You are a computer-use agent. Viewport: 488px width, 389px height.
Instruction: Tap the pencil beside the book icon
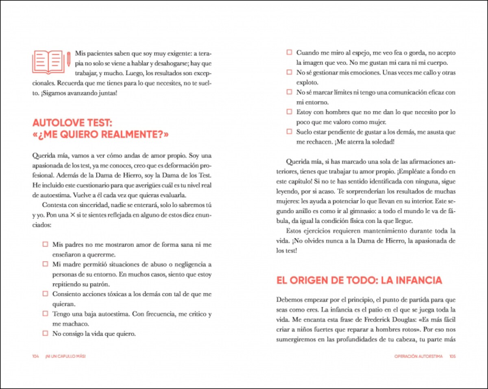click(x=68, y=59)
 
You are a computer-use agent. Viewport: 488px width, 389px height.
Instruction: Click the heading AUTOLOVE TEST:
click(x=72, y=123)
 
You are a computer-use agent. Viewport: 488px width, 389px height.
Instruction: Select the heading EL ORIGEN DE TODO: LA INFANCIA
click(x=359, y=280)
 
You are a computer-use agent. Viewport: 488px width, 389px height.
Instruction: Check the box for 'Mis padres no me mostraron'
click(x=45, y=245)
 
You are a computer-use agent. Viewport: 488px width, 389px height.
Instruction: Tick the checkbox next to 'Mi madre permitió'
click(x=45, y=264)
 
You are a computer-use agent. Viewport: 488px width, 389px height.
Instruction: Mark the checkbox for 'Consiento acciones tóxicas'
click(x=45, y=294)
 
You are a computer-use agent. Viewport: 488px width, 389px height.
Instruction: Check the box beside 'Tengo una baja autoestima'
click(x=45, y=314)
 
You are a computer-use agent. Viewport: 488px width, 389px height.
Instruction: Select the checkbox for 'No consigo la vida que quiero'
click(x=45, y=333)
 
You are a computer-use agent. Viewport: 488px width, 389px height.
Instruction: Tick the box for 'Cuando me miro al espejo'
click(x=289, y=52)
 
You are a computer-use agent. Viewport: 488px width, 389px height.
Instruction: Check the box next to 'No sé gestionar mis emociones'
click(x=289, y=72)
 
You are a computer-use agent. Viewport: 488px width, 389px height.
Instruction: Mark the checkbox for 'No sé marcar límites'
click(x=289, y=92)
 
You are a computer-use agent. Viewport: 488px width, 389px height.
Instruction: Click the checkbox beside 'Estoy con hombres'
click(x=289, y=111)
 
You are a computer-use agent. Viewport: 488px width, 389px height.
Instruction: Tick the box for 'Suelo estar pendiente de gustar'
click(x=289, y=131)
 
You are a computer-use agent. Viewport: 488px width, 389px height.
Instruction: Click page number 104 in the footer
click(x=35, y=356)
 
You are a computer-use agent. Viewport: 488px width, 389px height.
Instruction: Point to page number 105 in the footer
click(x=452, y=356)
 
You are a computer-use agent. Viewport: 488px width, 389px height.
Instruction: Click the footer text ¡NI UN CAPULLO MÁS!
click(x=65, y=356)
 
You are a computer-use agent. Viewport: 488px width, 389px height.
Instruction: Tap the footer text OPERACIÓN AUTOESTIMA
click(x=418, y=356)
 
